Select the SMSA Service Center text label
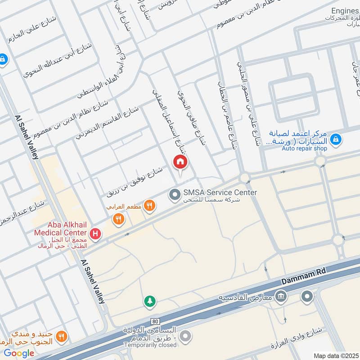220,193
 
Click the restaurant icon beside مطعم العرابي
150,206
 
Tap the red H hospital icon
95,234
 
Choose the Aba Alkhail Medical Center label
60,229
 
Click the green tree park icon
149,301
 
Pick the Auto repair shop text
304,148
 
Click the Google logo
19,353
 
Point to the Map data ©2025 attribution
335,355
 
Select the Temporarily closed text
150,345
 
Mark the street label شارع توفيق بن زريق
134,182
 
